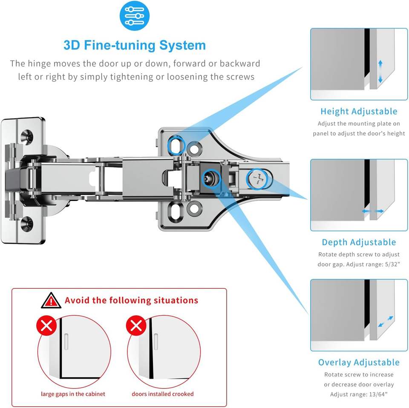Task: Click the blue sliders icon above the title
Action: (134, 16)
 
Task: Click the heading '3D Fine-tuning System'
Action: (135, 45)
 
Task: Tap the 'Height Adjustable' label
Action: (359, 111)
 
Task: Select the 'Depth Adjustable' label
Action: (359, 242)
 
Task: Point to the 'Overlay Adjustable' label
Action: (359, 362)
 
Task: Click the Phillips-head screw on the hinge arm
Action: (257, 179)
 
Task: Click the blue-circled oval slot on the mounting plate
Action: (176, 145)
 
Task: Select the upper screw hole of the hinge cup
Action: (27, 136)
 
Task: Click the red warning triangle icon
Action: (51, 300)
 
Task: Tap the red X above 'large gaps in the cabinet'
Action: (47, 326)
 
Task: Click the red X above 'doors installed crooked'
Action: (136, 326)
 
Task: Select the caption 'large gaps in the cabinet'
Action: (73, 394)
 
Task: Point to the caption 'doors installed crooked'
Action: (162, 394)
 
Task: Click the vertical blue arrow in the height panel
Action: (380, 72)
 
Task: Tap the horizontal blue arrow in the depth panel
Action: (373, 211)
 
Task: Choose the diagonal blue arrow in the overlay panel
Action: (386, 322)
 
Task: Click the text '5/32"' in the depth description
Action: (392, 264)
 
